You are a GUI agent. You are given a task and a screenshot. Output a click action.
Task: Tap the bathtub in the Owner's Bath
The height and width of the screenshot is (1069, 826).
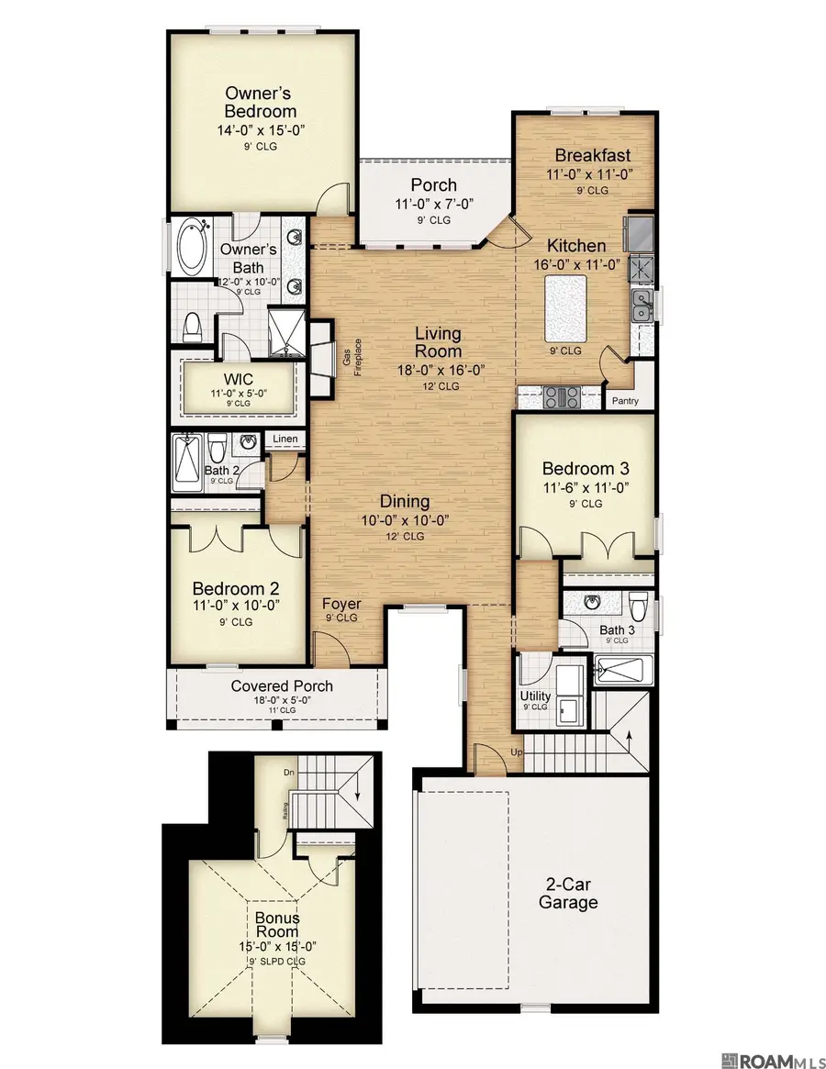tap(193, 244)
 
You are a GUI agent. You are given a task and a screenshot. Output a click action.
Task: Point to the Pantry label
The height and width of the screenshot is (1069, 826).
tap(626, 401)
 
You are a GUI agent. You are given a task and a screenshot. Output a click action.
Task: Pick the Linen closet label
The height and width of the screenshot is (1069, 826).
tap(285, 440)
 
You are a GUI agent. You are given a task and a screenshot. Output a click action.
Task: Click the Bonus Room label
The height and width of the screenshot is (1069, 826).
tap(277, 924)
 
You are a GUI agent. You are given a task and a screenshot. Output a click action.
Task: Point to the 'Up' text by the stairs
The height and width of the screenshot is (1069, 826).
tap(516, 752)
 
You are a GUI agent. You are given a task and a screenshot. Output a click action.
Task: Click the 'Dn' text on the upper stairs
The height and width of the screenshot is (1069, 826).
tap(289, 773)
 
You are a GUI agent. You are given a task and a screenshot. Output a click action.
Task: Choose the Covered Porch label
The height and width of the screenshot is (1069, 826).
tap(282, 686)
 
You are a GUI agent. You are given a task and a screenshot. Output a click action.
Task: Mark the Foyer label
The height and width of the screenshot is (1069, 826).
tap(340, 605)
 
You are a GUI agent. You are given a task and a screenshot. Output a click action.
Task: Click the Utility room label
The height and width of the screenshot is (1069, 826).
tap(535, 696)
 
